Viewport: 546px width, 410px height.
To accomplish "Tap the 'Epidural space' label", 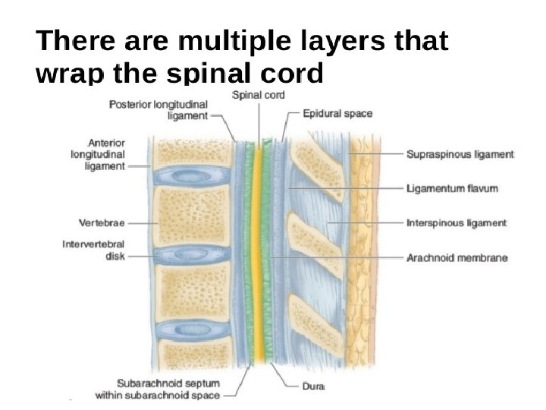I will (x=337, y=114).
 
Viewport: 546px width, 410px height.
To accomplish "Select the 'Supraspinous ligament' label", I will (x=460, y=154).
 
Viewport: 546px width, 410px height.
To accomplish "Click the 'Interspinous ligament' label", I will (x=457, y=223).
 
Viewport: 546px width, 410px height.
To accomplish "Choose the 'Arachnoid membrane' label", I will (x=457, y=258).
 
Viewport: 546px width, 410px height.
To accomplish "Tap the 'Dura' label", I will (x=313, y=386).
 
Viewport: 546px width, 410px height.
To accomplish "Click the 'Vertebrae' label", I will (x=102, y=223).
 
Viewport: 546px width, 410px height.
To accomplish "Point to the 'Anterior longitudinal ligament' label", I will (x=98, y=155).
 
